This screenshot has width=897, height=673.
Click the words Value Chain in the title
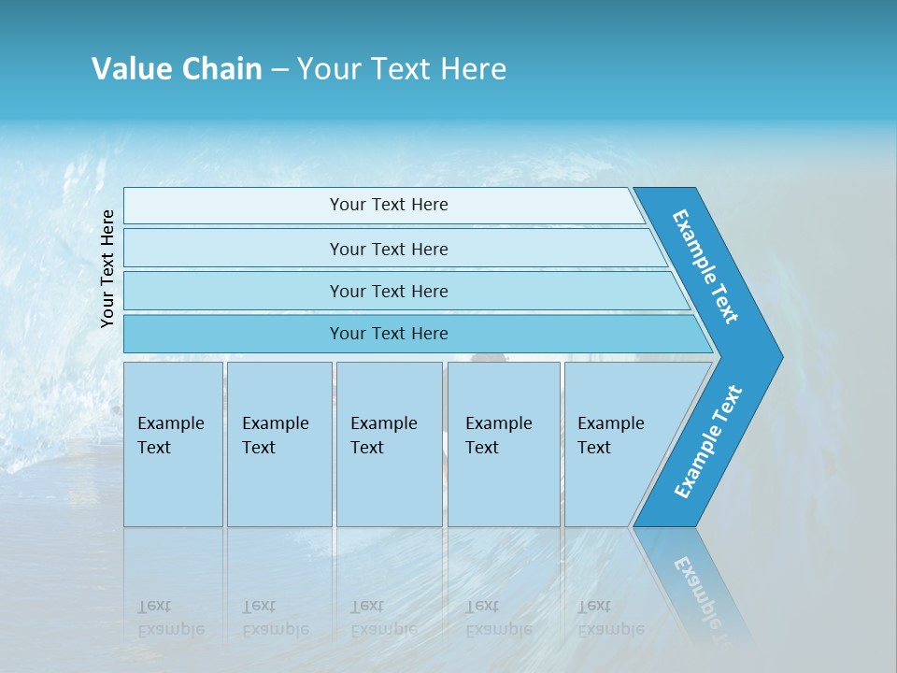pos(177,69)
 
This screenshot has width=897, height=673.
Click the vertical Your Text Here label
pos(107,268)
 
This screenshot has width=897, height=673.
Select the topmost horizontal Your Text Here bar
pos(388,205)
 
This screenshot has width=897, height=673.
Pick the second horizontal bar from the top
pos(388,249)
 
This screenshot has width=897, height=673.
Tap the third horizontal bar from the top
pos(388,291)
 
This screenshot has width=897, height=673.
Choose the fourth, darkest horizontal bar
pos(388,334)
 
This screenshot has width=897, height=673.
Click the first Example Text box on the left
pos(173,444)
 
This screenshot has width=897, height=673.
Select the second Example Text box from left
pos(278,444)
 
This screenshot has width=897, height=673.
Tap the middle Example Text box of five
pos(389,444)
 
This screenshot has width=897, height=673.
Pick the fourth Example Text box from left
pos(504,444)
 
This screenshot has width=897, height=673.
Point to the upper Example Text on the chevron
pos(705,266)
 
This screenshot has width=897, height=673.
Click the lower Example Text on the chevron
pos(707,442)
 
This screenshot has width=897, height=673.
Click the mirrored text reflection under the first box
pos(171,618)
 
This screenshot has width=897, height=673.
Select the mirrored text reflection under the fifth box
pos(611,618)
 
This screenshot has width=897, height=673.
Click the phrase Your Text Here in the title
pos(402,69)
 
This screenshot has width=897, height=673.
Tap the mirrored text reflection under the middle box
pos(384,618)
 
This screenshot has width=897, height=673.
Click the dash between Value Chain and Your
pos(279,70)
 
